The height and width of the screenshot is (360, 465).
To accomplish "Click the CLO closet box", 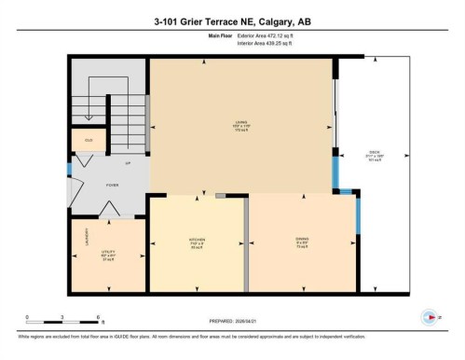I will (89, 141).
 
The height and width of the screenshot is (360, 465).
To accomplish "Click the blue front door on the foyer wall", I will (69, 170).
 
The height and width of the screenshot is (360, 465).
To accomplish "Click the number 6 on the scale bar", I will (100, 318).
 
